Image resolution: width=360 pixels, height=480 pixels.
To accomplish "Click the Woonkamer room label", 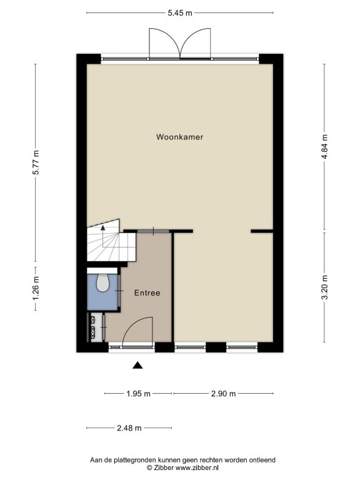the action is (x=180, y=137).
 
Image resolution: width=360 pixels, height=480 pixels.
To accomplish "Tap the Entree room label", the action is (x=147, y=293).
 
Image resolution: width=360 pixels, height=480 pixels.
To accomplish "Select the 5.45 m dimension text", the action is (x=180, y=13).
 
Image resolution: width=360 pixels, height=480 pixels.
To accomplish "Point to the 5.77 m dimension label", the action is (x=36, y=162).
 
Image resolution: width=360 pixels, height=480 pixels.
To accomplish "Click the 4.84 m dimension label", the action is (x=325, y=147).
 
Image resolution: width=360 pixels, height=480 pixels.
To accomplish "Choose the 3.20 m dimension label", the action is (x=325, y=287).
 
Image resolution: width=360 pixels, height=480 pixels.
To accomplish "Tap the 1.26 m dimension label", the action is (x=36, y=288).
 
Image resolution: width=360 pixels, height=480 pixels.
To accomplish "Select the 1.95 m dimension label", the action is (x=138, y=394).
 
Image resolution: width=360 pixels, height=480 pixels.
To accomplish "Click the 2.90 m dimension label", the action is (x=224, y=394).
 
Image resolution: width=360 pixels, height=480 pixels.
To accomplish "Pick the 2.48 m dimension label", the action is (x=129, y=428).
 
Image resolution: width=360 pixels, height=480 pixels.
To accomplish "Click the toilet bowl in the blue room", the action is (x=102, y=282).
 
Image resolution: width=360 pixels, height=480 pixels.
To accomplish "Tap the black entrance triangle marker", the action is (x=137, y=365).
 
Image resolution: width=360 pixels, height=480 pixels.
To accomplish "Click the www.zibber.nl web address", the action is (x=197, y=467).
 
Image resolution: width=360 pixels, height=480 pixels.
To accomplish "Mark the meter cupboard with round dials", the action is (x=92, y=328).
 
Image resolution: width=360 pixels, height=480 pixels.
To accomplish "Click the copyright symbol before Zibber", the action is (x=149, y=467).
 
